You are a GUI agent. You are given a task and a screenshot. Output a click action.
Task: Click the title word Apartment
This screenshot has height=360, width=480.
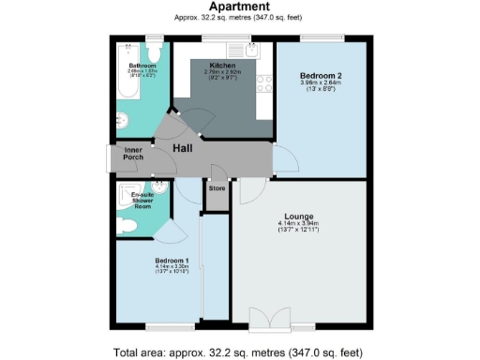[239, 7]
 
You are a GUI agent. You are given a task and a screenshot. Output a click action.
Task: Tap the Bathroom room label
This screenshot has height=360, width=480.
[143, 66]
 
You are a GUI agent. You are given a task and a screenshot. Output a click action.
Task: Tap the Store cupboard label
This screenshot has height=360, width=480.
[217, 187]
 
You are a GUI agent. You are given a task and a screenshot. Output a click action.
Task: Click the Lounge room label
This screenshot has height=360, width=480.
[299, 217]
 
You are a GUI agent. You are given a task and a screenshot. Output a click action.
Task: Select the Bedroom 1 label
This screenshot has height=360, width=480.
[172, 260]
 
